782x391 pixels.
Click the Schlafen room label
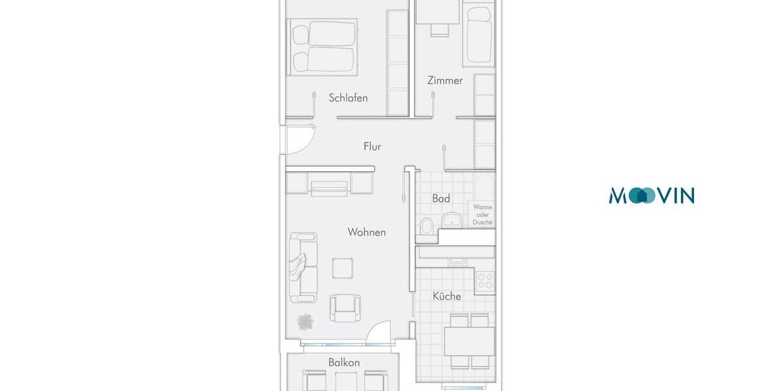348,98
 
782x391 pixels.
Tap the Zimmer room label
445,81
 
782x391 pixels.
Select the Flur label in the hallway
372,147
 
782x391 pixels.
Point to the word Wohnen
366,232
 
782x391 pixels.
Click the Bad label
441,198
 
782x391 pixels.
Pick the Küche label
446,296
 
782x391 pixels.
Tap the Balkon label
344,362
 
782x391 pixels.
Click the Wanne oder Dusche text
483,214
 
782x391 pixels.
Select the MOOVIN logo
652,195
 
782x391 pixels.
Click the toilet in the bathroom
427,226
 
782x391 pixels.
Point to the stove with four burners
485,281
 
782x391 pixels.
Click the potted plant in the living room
304,321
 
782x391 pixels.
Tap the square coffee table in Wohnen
343,268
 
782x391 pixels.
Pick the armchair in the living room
345,307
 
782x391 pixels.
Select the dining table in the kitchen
469,340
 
